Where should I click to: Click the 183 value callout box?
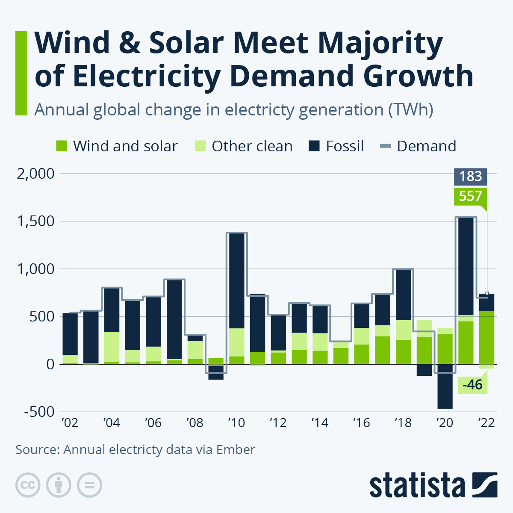pos(470,177)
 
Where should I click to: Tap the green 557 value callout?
pos(470,196)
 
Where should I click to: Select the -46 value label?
pos(472,385)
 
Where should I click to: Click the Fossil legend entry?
pos(336,146)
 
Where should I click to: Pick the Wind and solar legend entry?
pos(117,146)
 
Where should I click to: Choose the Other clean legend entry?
pos(244,146)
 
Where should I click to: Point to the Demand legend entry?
pos(418,146)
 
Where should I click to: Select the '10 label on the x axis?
pos(236,423)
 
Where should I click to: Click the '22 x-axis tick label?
pos(486,423)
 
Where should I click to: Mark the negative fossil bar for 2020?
pos(445,386)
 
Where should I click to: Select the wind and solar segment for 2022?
pos(486,338)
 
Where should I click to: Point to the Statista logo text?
pos(417,486)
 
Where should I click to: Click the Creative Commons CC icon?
pos(28,485)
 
